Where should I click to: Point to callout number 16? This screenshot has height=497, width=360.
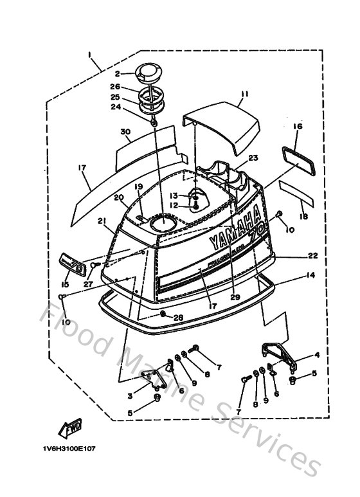pos(297,127)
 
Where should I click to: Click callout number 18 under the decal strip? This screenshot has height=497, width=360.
pos(304,218)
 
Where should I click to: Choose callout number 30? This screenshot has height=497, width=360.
pos(125,132)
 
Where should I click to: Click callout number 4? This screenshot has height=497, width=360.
pos(316,355)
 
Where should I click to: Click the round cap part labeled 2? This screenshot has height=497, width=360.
pos(148,71)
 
